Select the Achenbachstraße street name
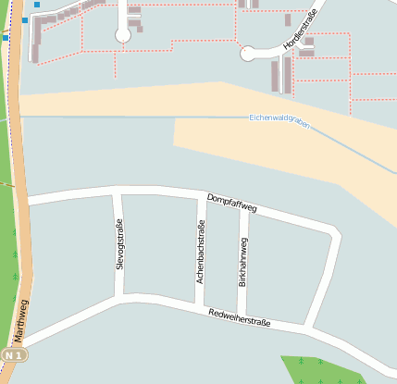pos(199,251)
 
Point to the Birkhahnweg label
pos(243,261)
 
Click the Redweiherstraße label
pos(239,318)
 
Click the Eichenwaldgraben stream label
pos(279,121)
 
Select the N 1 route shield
pos(14,355)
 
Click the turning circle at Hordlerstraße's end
pos(248,55)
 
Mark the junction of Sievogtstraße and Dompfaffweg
pos(118,192)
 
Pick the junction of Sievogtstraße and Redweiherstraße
pos(120,298)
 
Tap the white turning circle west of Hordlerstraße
pos(122,35)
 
